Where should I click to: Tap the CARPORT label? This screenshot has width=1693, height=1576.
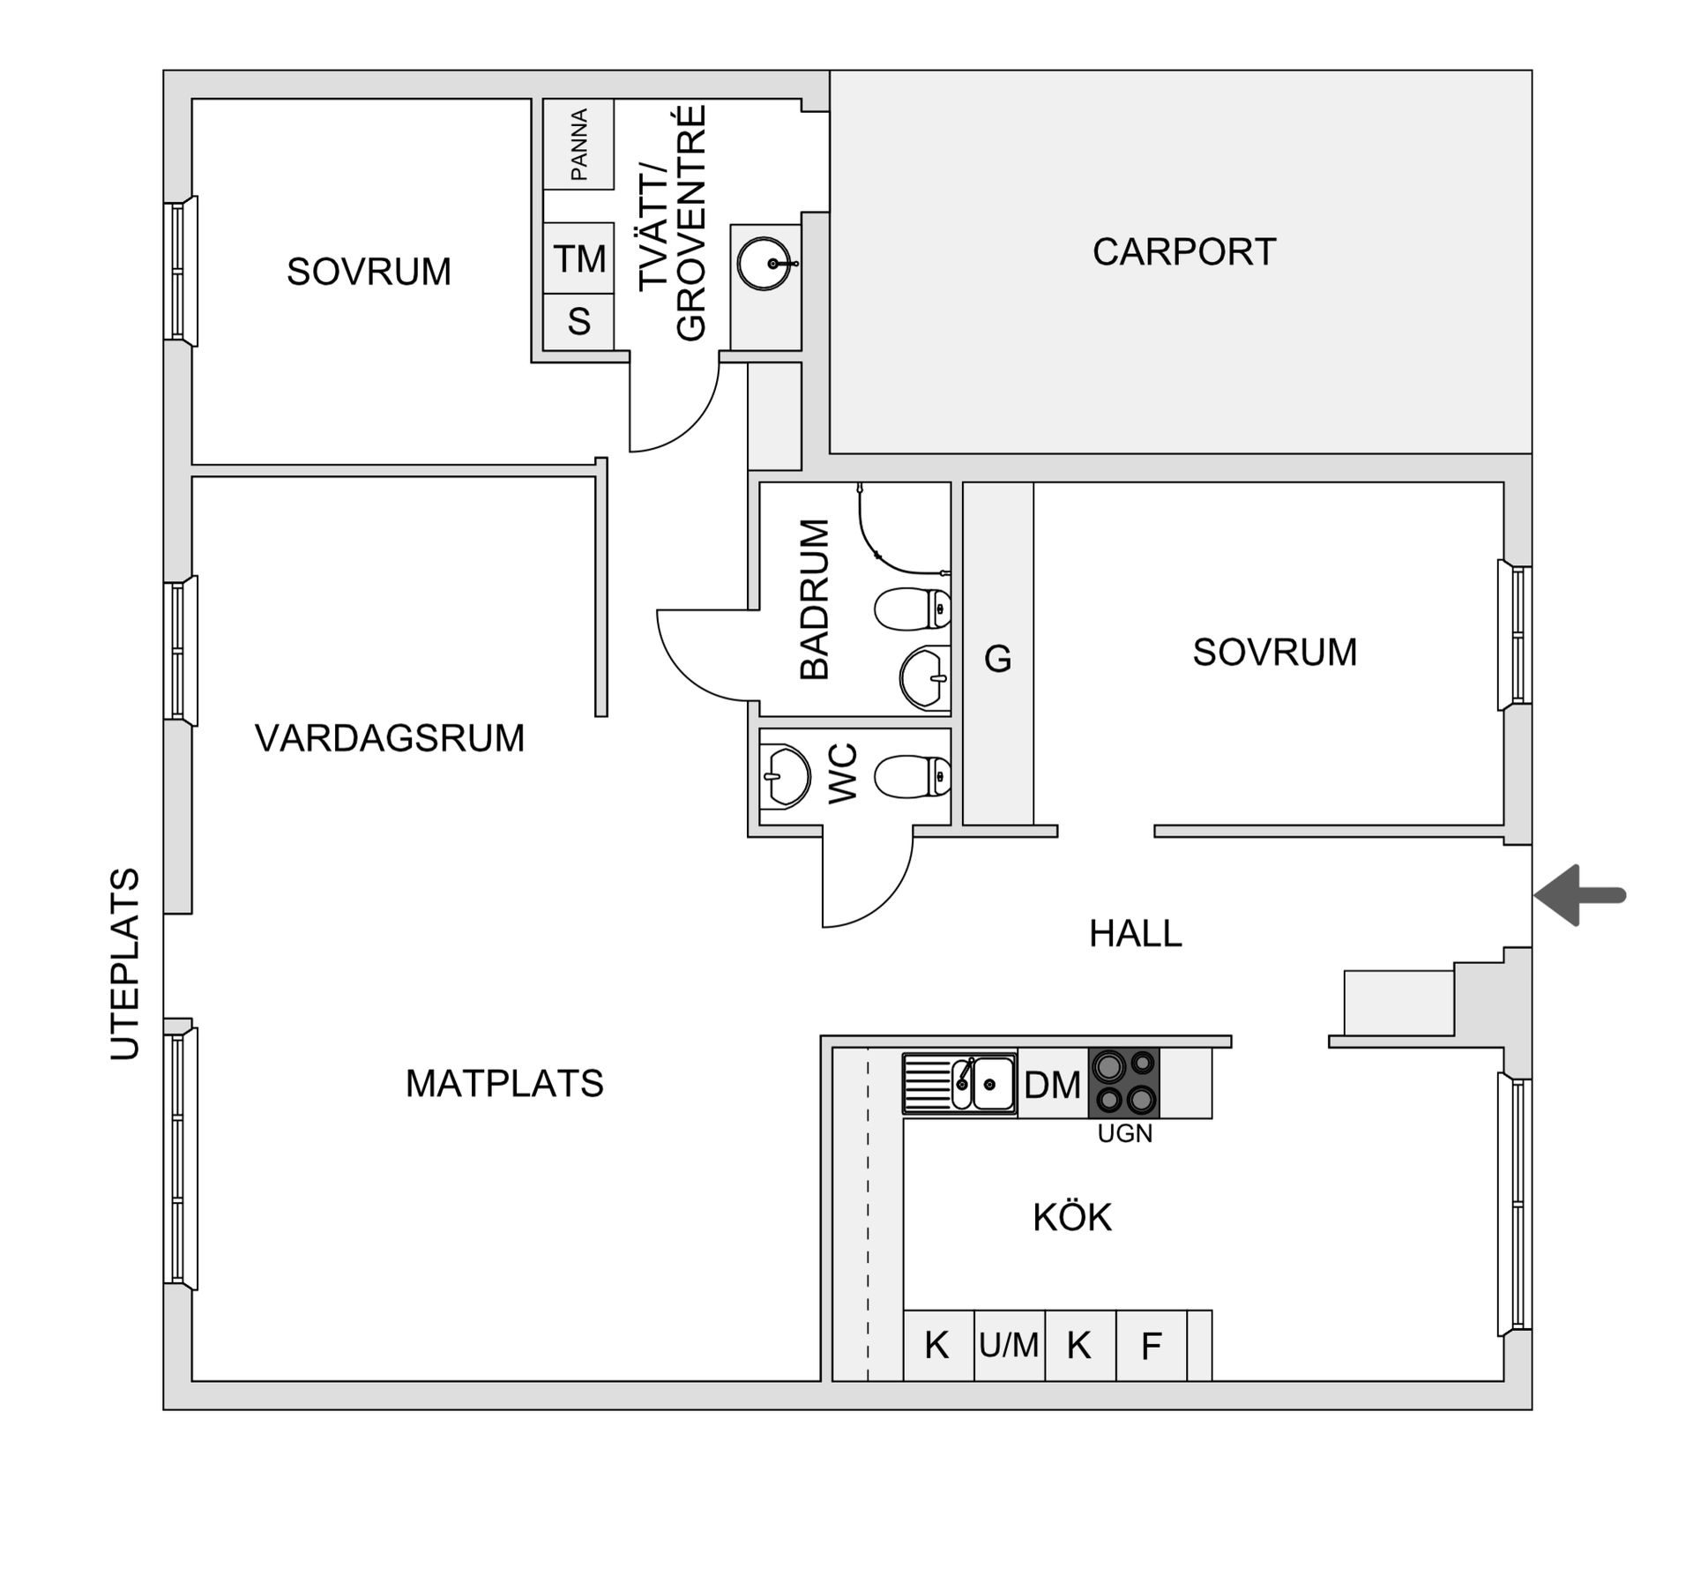(x=1183, y=252)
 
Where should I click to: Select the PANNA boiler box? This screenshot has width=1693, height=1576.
(x=578, y=144)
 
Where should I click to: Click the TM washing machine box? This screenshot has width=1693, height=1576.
(x=578, y=258)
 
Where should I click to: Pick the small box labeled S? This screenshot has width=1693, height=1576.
(x=578, y=322)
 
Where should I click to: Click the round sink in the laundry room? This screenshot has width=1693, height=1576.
(x=764, y=264)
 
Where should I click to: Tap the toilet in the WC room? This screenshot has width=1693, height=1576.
(x=912, y=777)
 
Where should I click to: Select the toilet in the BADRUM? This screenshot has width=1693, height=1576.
(x=912, y=609)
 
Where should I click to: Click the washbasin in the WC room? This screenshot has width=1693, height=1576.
(x=785, y=777)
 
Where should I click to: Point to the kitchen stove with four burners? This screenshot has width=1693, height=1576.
(x=1123, y=1083)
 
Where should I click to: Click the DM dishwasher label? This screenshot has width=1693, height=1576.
(x=1052, y=1085)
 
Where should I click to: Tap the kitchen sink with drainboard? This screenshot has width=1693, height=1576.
(x=959, y=1083)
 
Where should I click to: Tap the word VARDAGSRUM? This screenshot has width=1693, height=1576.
(x=389, y=738)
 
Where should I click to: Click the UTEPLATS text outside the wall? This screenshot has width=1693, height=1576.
(x=124, y=964)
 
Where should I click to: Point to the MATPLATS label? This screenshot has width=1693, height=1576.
(x=503, y=1084)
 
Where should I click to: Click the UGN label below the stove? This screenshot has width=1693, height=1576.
(x=1124, y=1134)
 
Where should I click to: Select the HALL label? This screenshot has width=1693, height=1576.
(x=1135, y=934)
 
